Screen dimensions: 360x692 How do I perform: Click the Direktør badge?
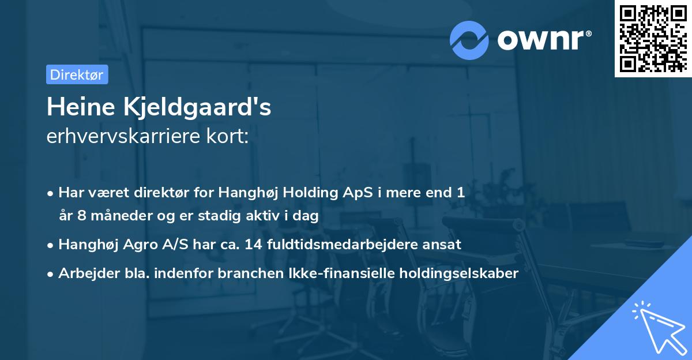[77, 74]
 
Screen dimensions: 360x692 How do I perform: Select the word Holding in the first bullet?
[307, 193]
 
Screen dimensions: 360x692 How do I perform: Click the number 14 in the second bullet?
[254, 245]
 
